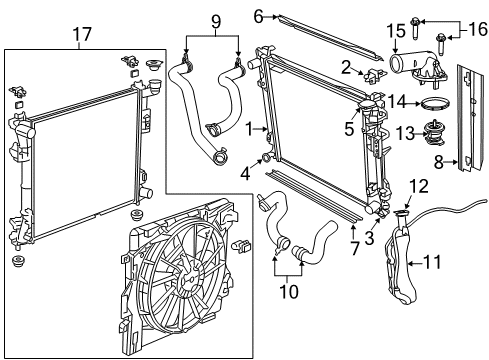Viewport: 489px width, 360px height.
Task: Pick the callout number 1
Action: coord(248,128)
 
